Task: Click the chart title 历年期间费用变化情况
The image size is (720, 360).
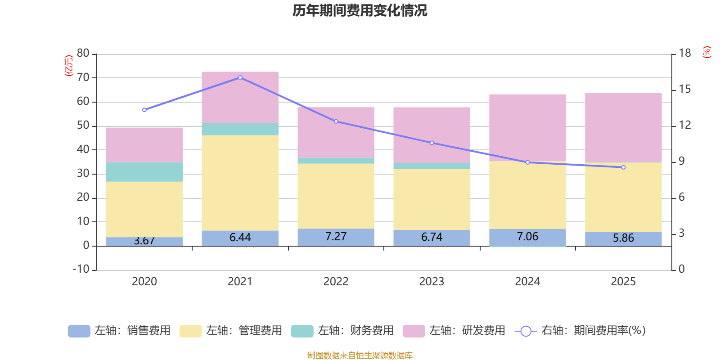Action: [x=360, y=10]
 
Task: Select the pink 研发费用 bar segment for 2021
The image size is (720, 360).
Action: [x=240, y=97]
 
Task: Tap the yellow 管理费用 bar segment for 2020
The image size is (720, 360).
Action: [x=144, y=209]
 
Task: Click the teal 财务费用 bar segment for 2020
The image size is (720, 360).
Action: [x=144, y=172]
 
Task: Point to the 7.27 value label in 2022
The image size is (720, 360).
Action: [x=336, y=237]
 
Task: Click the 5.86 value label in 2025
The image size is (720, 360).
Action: [x=623, y=238]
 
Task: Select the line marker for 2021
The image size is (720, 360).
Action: [x=240, y=77]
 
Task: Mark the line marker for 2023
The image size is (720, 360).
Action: [x=432, y=143]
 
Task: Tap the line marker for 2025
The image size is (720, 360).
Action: [x=623, y=167]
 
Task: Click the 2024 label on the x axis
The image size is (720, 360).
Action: [x=527, y=282]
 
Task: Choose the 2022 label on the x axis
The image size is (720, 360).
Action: [x=336, y=282]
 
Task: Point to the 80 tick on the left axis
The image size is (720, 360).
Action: [x=83, y=54]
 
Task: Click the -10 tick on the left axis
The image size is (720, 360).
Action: [x=81, y=269]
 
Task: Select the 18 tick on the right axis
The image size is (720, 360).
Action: [x=684, y=53]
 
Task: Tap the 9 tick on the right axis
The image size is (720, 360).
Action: [x=681, y=161]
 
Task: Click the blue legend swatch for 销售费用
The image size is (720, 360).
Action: [x=79, y=331]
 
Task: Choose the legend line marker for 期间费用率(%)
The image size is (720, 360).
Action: [x=526, y=331]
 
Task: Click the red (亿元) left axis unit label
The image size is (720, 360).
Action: [x=69, y=66]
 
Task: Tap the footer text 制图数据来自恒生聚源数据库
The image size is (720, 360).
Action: [x=360, y=355]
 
